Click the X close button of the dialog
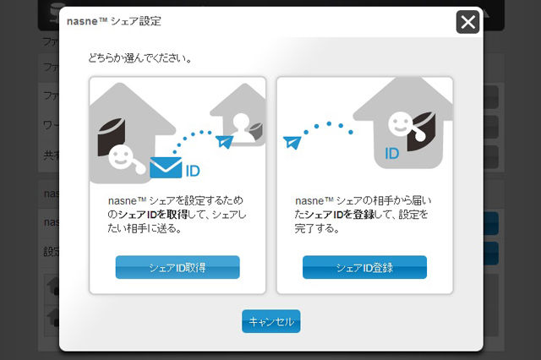467,21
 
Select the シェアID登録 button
364,267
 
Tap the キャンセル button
270,321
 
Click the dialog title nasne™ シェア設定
126,20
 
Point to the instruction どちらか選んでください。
139,59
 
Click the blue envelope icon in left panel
166,168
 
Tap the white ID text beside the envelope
192,171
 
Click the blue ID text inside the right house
392,154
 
